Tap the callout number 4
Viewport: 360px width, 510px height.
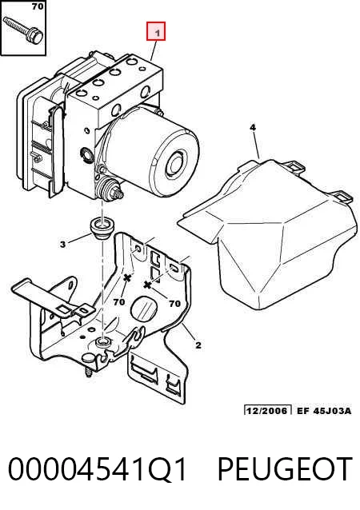tap(253, 128)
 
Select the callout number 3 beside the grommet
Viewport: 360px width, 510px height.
tap(63, 244)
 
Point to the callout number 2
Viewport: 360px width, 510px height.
tap(198, 345)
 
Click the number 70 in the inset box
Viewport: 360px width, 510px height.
tap(37, 6)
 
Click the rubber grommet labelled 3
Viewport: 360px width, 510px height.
tap(102, 229)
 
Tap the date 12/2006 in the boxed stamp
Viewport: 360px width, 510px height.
tap(268, 410)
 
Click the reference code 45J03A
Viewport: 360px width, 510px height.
tap(332, 410)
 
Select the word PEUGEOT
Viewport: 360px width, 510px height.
tap(285, 469)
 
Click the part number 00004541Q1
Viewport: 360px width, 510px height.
tap(98, 470)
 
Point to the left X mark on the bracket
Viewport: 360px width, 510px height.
tap(127, 277)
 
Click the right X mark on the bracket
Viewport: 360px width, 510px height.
tap(147, 285)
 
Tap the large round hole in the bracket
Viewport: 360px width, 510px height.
tap(144, 308)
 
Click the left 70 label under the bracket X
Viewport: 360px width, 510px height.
tap(119, 302)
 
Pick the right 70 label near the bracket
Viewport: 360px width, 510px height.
tap(174, 304)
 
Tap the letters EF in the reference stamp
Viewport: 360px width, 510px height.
tap(302, 410)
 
